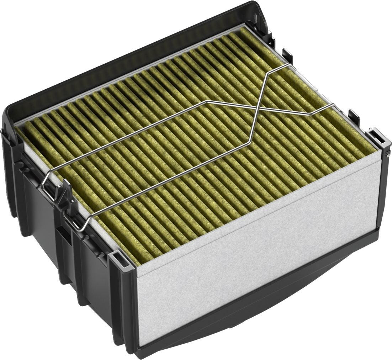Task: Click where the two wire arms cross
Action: (x=258, y=106)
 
